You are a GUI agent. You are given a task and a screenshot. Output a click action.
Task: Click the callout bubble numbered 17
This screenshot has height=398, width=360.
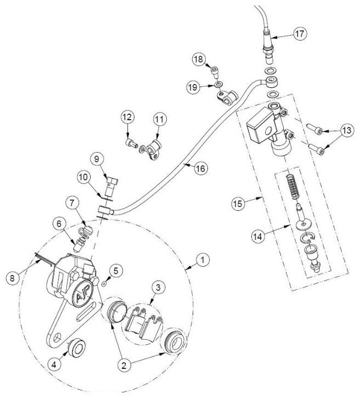pyautogui.click(x=300, y=33)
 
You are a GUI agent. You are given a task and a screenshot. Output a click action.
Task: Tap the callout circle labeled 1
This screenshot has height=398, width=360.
pyautogui.click(x=203, y=260)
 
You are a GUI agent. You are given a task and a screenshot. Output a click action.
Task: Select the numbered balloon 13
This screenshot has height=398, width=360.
pyautogui.click(x=347, y=130)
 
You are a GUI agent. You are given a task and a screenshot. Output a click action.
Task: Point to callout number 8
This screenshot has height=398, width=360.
pyautogui.click(x=13, y=278)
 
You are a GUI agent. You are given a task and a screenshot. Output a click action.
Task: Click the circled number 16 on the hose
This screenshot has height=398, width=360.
pyautogui.click(x=201, y=169)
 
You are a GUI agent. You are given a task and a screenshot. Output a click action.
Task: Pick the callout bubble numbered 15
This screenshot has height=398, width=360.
pyautogui.click(x=238, y=204)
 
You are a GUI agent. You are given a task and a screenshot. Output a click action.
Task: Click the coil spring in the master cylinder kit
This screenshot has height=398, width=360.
pyautogui.click(x=294, y=187)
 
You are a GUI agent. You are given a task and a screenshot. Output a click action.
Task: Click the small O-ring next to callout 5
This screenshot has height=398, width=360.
pyautogui.click(x=104, y=283)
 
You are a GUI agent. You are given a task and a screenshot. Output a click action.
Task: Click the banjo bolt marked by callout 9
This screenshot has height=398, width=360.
pyautogui.click(x=111, y=187)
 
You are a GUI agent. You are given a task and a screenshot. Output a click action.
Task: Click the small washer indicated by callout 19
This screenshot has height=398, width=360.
pyautogui.click(x=218, y=84)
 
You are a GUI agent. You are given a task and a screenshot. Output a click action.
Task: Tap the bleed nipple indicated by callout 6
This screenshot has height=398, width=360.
pyautogui.click(x=77, y=246)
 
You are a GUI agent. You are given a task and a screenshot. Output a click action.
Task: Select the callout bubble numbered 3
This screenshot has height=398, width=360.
pyautogui.click(x=158, y=288)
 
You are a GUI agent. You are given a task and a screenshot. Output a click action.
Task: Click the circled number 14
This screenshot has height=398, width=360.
pyautogui.click(x=258, y=237)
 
